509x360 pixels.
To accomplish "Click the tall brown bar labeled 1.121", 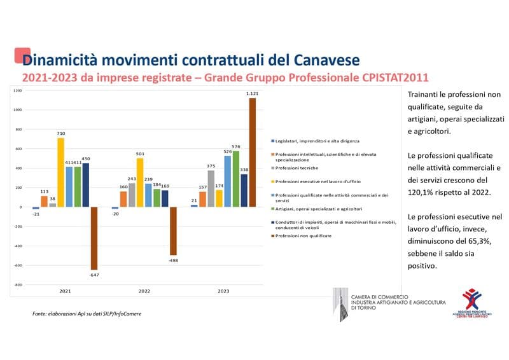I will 253,152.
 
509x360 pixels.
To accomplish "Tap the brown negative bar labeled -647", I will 94,239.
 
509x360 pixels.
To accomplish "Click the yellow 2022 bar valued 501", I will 140,183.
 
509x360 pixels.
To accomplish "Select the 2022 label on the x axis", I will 144,291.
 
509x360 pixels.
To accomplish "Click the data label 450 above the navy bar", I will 85,159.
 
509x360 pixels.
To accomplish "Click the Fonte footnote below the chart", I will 87,314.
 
